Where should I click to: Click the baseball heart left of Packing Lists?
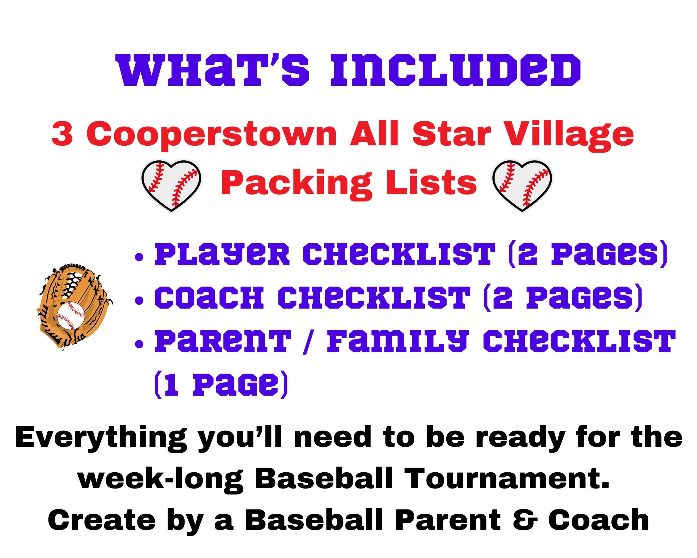[171, 185]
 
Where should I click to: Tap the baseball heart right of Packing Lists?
[522, 185]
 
